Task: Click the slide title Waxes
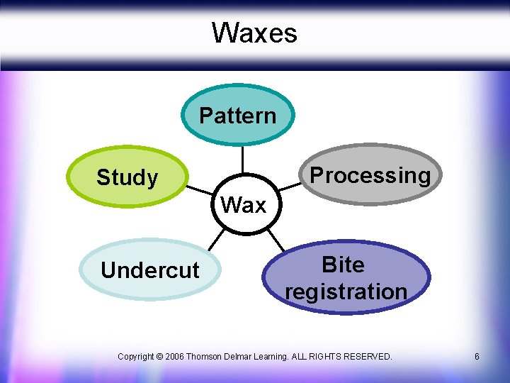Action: tap(254, 33)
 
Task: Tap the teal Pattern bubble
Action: tap(237, 115)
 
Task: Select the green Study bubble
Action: tap(127, 177)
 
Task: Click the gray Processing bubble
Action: tap(370, 175)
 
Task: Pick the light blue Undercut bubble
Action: tap(150, 270)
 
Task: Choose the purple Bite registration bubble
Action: tap(346, 278)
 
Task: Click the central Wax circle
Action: tap(243, 204)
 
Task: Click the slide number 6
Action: tap(477, 357)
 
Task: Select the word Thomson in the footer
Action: tap(206, 357)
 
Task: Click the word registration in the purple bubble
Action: tap(346, 292)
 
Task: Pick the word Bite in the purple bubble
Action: tap(343, 265)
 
